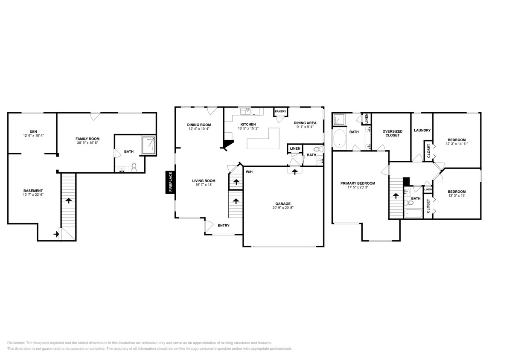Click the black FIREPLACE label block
tap(170, 183)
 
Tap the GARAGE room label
tap(283, 203)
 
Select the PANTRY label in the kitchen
tap(280, 111)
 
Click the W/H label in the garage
tap(249, 172)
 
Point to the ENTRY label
tap(224, 225)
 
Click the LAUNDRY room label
tap(422, 131)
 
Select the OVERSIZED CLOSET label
tap(392, 133)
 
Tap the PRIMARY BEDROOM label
tap(358, 183)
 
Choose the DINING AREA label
tap(305, 123)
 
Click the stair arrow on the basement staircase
tap(68, 200)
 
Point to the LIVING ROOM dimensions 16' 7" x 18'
tap(204, 185)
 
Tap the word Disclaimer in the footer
tap(16, 343)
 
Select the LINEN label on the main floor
tap(295, 148)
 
